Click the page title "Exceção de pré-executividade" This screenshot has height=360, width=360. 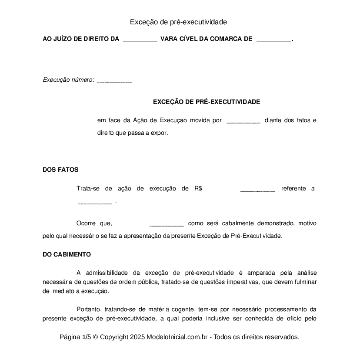tap(178, 22)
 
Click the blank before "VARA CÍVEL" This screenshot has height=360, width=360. tap(140, 40)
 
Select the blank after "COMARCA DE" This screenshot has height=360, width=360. tap(273, 40)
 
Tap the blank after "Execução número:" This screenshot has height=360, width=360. tap(114, 81)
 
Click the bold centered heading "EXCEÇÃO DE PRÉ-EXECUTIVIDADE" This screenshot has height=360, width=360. tap(207, 102)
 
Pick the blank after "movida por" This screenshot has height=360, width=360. tap(243, 121)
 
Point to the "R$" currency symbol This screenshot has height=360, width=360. tap(198, 189)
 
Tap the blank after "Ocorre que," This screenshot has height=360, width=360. tap(167, 224)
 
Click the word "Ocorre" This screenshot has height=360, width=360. tap(86, 223)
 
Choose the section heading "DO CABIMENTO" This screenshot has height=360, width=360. tap(67, 254)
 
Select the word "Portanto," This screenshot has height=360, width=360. tap(89, 310)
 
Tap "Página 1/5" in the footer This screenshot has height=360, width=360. tap(75, 337)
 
